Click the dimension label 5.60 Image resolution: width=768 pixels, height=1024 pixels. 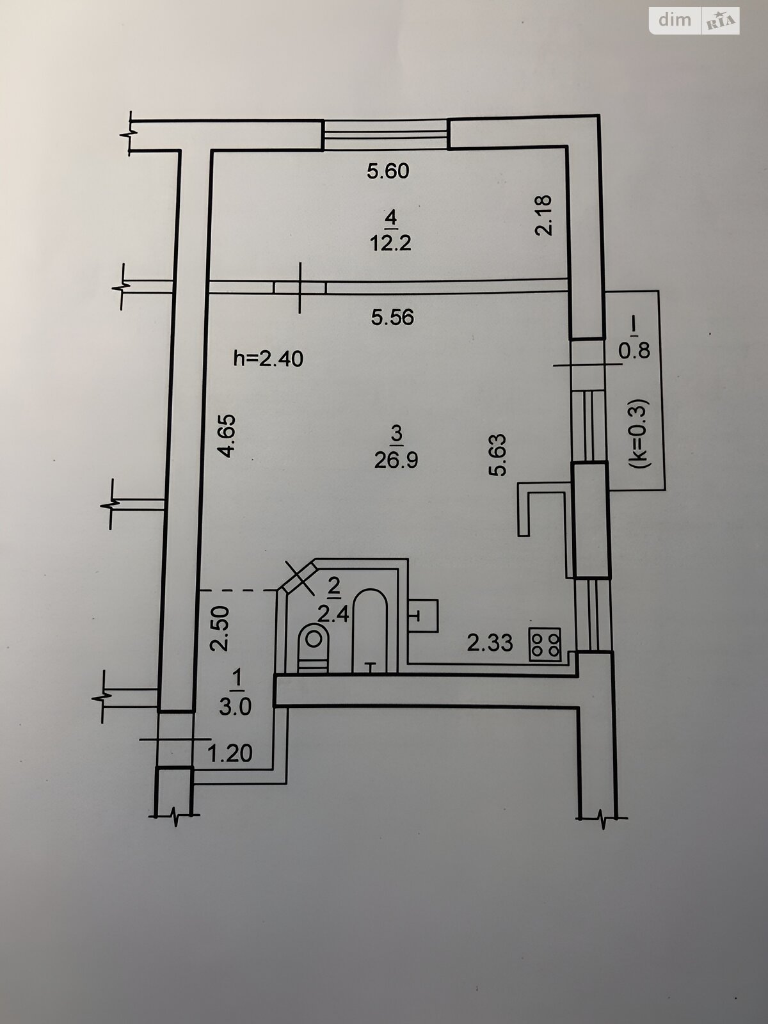[388, 172]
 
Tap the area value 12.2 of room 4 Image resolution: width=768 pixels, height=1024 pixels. [390, 244]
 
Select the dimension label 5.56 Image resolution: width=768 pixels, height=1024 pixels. [392, 317]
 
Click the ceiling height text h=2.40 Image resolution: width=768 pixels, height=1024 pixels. [268, 359]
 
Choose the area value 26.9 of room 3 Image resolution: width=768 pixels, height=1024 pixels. [396, 460]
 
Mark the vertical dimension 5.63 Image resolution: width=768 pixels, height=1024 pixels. [497, 454]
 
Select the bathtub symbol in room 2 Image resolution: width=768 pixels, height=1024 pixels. [370, 630]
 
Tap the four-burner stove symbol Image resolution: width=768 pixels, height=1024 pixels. [545, 644]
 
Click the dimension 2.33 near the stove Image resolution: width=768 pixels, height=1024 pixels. [490, 643]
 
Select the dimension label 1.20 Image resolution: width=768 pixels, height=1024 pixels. [231, 753]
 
